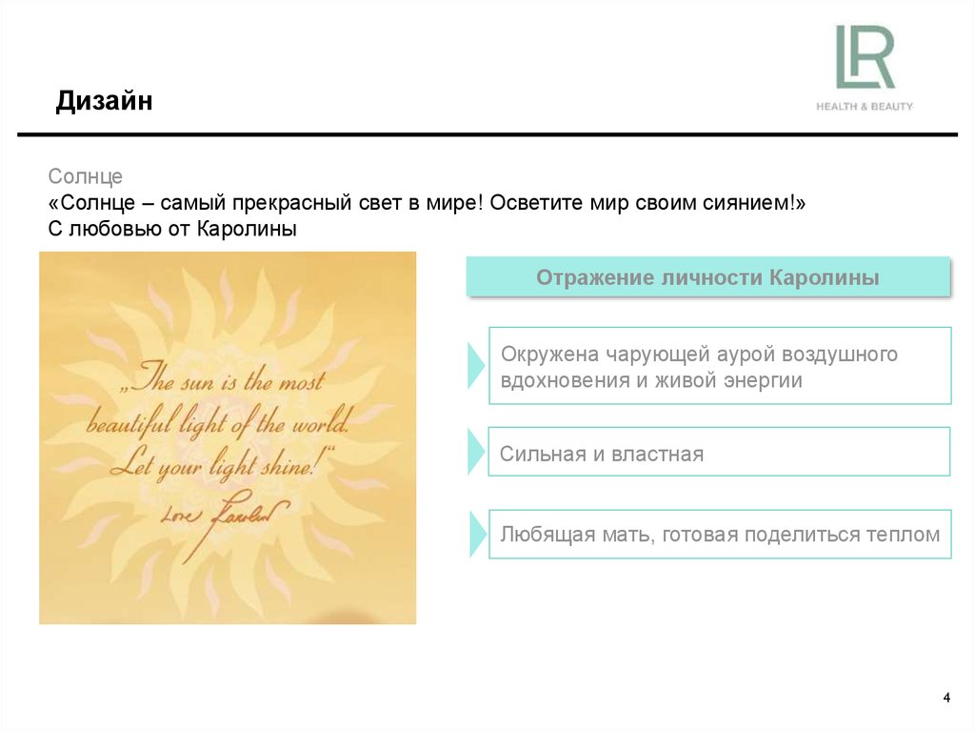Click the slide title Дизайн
point(104,101)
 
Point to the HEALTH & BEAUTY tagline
point(864,106)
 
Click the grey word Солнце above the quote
point(86,177)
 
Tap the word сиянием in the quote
point(744,203)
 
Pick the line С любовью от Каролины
point(172,229)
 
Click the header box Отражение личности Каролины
point(707,277)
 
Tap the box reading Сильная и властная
point(719,452)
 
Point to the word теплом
point(903,535)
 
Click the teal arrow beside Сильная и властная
point(476,452)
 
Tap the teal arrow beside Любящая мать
point(476,535)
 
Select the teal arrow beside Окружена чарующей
point(476,366)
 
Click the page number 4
point(946,699)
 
